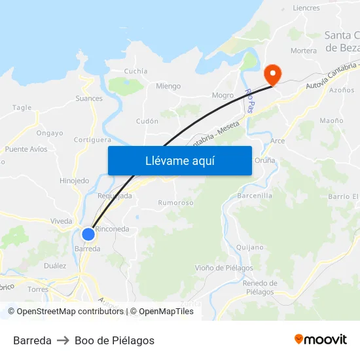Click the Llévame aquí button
(x=179, y=160)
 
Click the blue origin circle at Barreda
(x=88, y=234)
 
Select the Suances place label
(x=89, y=99)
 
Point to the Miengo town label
(x=168, y=86)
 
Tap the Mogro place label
(x=223, y=96)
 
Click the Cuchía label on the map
(x=135, y=71)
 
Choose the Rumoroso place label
(x=175, y=203)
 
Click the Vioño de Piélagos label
(x=224, y=268)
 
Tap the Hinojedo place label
(x=74, y=181)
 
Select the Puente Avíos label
(x=26, y=149)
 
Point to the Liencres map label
(x=306, y=9)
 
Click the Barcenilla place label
(x=255, y=195)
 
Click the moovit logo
(x=320, y=340)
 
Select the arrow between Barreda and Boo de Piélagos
(x=63, y=340)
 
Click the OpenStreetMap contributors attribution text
(x=70, y=312)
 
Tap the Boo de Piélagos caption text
(x=115, y=340)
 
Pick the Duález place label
(x=55, y=266)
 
